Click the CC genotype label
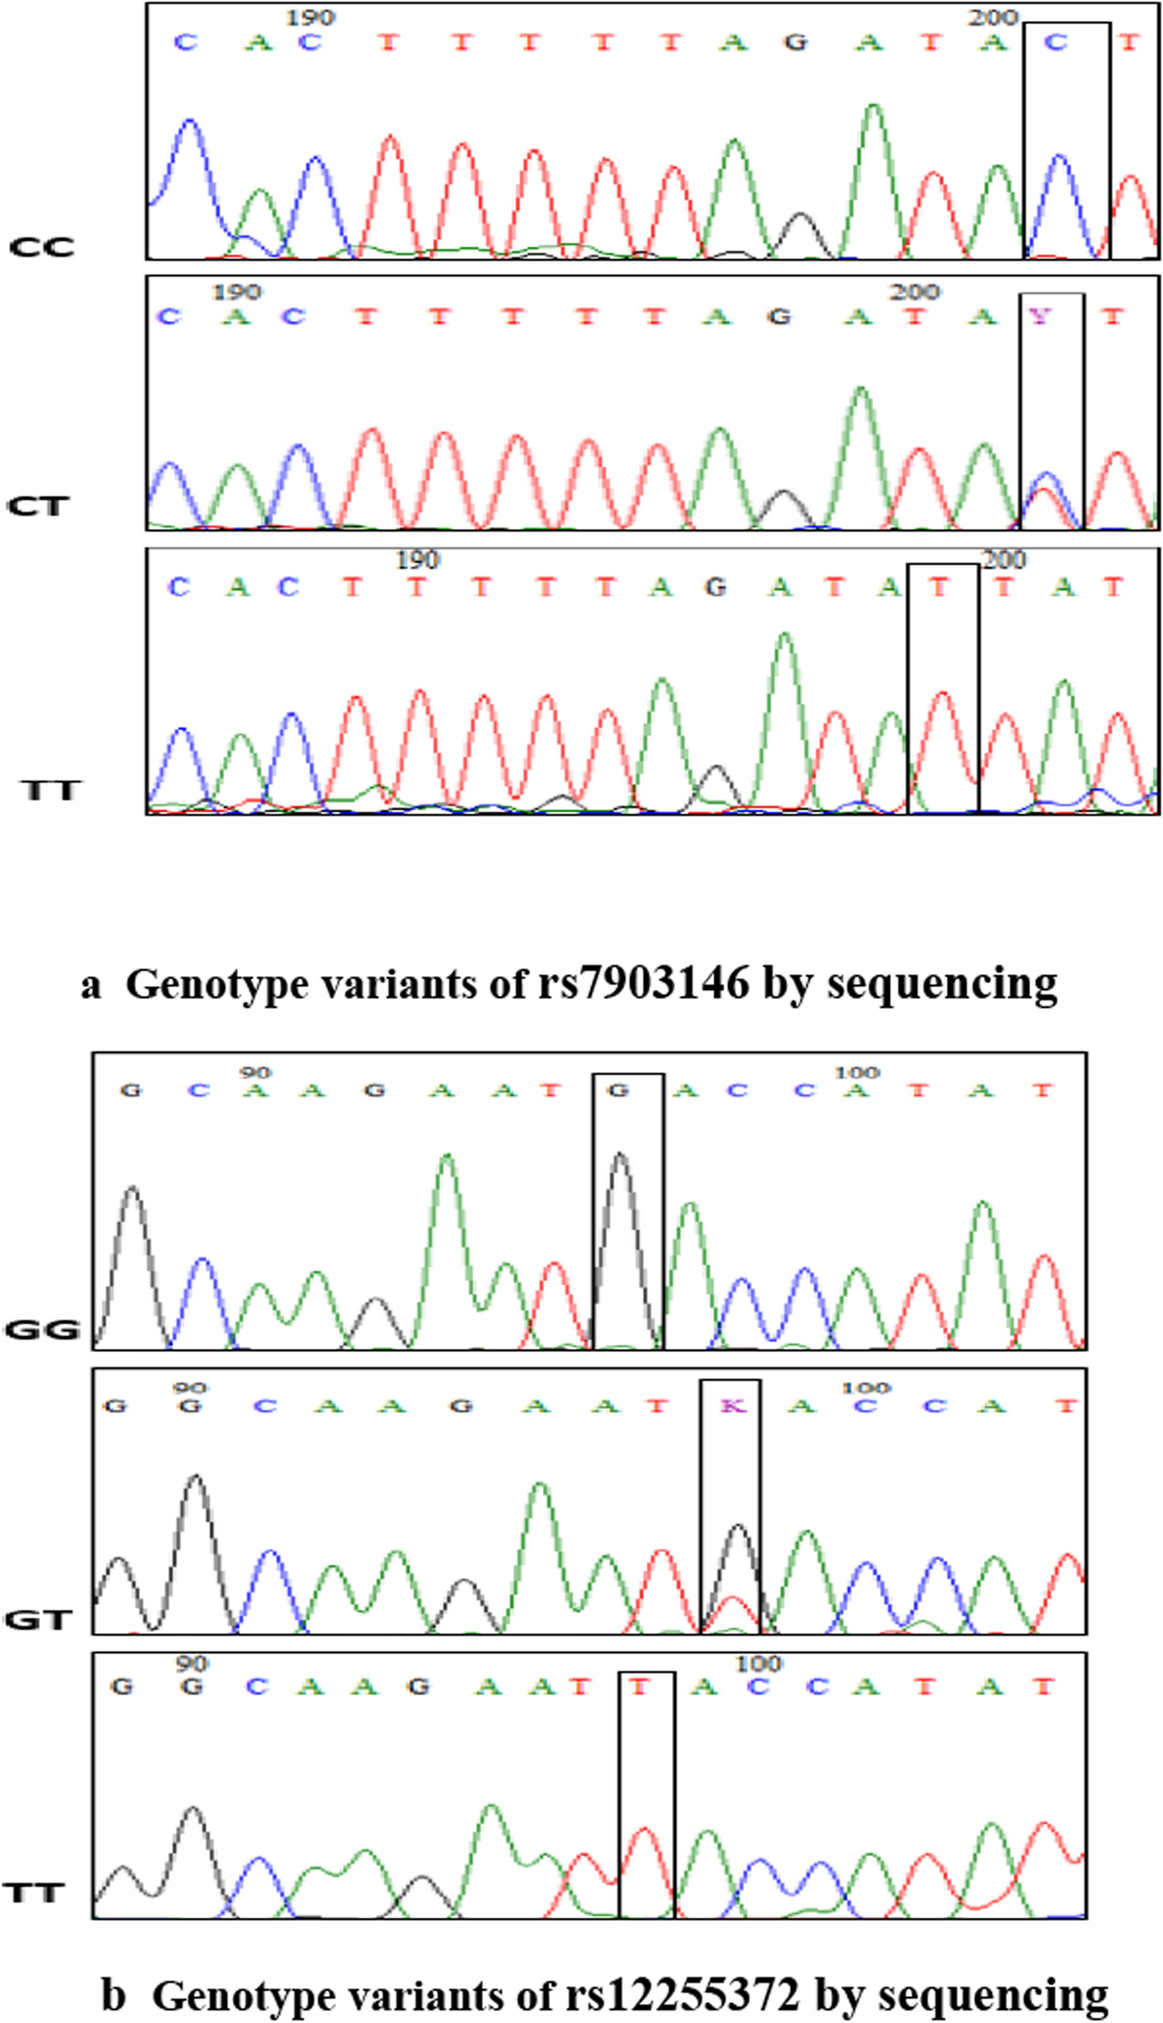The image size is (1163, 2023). click(42, 247)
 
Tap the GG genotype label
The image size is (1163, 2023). click(42, 1330)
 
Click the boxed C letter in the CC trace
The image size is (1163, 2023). click(1056, 42)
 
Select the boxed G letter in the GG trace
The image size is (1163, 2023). click(619, 1090)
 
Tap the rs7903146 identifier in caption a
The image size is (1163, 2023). click(643, 983)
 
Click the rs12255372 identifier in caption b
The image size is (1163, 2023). click(680, 1995)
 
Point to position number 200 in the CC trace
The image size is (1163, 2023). click(993, 18)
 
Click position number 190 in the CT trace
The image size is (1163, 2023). click(237, 292)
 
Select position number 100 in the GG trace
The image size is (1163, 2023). click(857, 1073)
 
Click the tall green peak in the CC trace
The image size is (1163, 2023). click(873, 110)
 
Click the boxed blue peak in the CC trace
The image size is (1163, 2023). click(1059, 160)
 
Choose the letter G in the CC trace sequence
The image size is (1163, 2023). click(795, 42)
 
